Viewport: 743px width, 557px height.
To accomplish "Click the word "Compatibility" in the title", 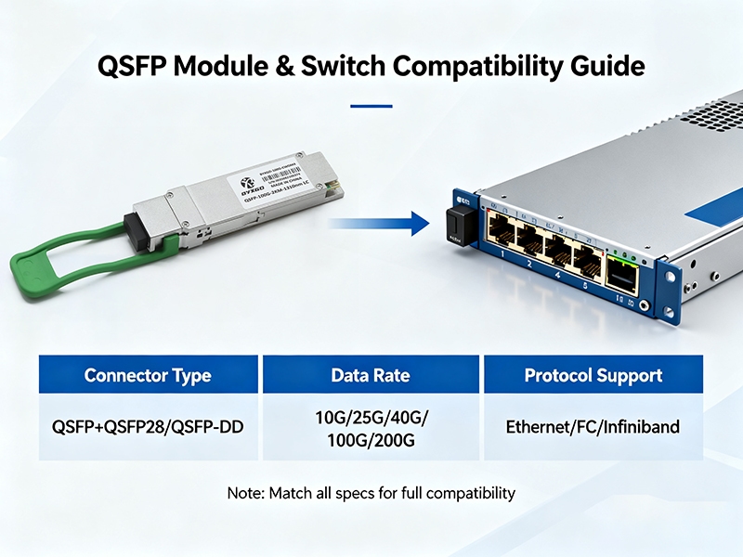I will pos(477,67).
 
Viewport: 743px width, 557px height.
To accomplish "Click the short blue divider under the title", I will pos(371,105).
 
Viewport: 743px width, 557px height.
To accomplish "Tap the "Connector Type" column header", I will pos(148,376).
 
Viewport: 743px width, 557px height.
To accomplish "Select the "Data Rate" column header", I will pos(371,376).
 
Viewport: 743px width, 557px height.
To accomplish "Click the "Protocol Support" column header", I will pos(593,376).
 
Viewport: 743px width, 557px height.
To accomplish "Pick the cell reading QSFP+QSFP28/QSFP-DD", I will pos(148,427).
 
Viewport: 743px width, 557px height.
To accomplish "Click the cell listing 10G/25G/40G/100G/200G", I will pos(371,428).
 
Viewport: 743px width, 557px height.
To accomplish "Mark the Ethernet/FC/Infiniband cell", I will pos(593,427).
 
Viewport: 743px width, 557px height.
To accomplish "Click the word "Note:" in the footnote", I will pos(246,493).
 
